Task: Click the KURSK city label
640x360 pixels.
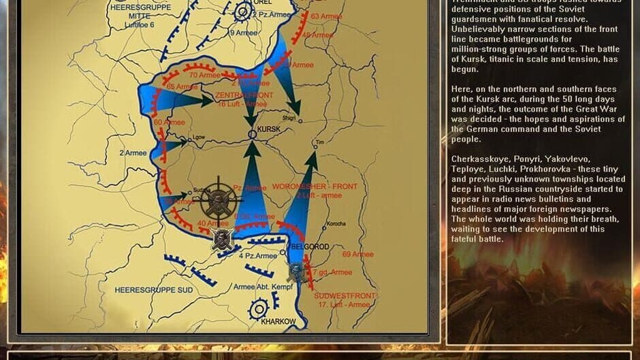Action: [x=271, y=128]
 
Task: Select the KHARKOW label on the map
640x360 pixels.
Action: [x=279, y=321]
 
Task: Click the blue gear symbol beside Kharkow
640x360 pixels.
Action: [x=259, y=310]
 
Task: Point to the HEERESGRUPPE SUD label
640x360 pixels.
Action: [x=153, y=290]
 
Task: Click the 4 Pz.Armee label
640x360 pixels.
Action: [x=258, y=256]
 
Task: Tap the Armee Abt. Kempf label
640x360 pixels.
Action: [x=263, y=287]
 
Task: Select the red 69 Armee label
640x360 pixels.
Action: [x=358, y=255]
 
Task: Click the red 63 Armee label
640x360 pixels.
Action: [x=325, y=16]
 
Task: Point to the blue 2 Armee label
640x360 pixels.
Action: [x=132, y=153]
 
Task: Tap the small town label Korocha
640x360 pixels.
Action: [x=336, y=223]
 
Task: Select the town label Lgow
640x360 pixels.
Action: [x=199, y=137]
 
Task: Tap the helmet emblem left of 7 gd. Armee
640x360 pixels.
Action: [x=296, y=272]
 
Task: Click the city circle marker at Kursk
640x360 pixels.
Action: [x=252, y=135]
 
